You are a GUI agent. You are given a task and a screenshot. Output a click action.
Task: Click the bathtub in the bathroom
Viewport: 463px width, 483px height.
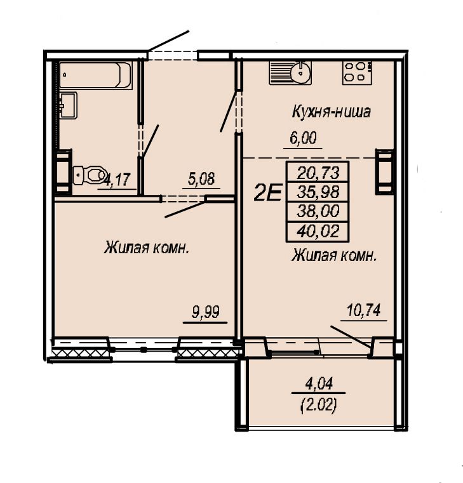point(95,76)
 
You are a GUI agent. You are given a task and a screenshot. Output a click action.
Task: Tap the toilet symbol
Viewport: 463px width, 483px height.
point(90,175)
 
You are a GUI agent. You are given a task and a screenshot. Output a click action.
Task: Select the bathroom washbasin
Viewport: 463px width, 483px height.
point(68,105)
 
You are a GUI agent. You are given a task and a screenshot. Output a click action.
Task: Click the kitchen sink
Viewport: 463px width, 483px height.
point(290,73)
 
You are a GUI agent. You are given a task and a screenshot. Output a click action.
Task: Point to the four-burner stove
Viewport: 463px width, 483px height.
point(357,73)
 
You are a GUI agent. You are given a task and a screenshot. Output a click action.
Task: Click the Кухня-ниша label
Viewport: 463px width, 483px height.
point(331,112)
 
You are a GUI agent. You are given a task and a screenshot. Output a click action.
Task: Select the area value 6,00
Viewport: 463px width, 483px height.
point(303,138)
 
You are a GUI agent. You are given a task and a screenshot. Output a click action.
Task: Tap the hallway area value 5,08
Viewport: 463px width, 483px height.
point(201,178)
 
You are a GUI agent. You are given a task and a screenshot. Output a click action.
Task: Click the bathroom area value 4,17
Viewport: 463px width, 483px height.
point(117,179)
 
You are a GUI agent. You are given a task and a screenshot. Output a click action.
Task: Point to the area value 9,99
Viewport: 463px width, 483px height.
point(206,312)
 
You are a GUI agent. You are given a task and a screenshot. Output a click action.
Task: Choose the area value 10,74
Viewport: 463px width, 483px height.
point(364,310)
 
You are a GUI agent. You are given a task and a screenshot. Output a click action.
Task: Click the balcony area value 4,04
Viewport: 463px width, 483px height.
point(319,383)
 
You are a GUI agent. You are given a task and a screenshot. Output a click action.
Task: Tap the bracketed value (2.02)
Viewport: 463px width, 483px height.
point(318,406)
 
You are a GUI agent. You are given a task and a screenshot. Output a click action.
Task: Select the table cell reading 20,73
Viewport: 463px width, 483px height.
point(318,173)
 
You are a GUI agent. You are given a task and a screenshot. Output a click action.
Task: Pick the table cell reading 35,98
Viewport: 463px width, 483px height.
point(318,192)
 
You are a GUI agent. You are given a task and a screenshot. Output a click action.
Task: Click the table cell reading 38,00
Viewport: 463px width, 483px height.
point(318,211)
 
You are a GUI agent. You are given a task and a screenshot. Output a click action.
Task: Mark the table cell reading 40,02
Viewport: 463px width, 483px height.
point(318,231)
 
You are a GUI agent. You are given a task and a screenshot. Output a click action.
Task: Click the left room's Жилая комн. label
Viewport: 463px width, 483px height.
point(147,248)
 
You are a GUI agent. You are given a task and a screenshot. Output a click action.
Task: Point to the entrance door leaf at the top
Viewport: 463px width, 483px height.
point(168,41)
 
